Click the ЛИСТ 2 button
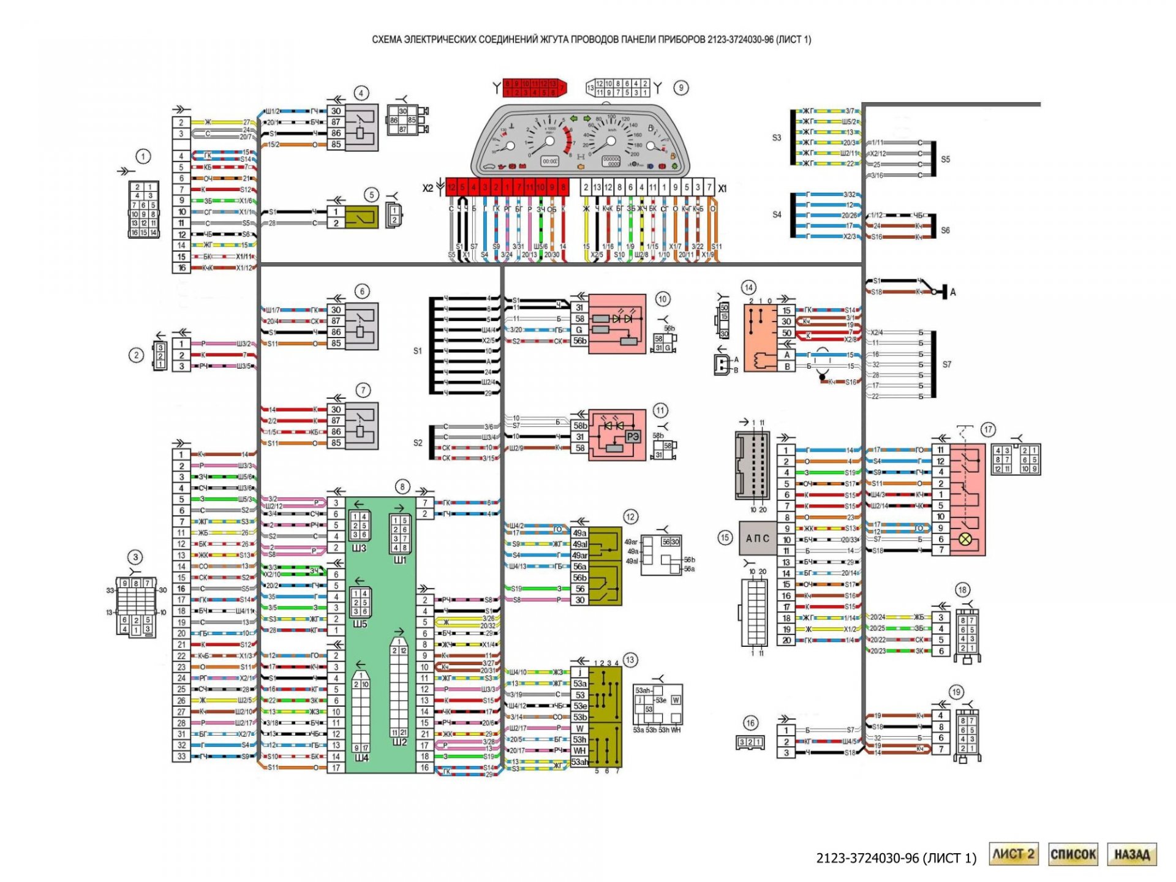click(x=1013, y=854)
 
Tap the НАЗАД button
click(x=1132, y=854)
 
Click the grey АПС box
click(x=758, y=538)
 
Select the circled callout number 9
click(x=681, y=88)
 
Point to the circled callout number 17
click(x=987, y=429)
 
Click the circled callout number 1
click(x=143, y=156)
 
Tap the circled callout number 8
click(x=402, y=487)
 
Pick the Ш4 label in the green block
click(x=361, y=758)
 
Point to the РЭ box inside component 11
click(x=632, y=436)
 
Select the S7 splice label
click(x=947, y=364)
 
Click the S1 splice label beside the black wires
click(x=417, y=351)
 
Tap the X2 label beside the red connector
click(x=428, y=188)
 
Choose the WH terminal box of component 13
click(x=579, y=750)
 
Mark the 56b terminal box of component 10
click(x=579, y=341)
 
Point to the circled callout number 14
click(x=748, y=287)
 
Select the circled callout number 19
click(x=956, y=692)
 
